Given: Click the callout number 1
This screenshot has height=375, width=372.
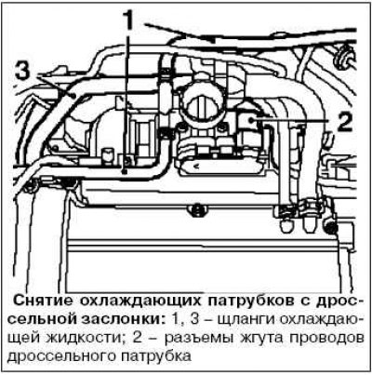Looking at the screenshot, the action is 126,20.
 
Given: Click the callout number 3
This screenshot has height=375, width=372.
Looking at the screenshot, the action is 22,72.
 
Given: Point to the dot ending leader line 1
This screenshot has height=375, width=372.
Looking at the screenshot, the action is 124,171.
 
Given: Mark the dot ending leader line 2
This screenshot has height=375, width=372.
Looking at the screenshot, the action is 253,119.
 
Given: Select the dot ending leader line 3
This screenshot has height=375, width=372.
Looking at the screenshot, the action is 73,96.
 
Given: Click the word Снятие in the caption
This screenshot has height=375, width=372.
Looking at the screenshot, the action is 44,301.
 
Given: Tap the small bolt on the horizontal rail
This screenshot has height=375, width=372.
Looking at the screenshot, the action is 195,210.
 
